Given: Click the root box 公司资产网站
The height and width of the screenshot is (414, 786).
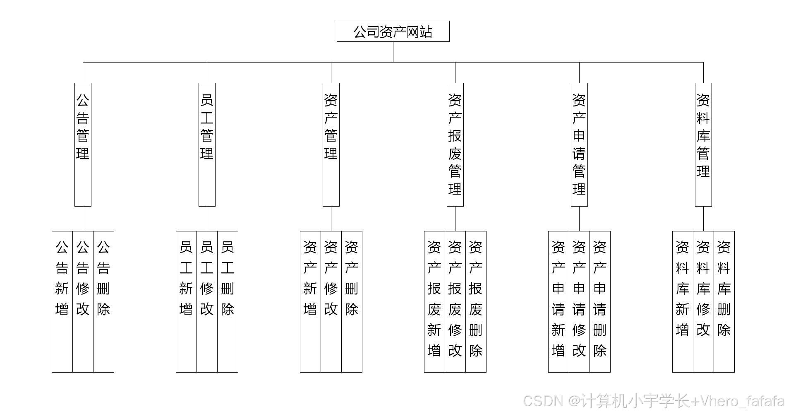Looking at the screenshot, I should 393,31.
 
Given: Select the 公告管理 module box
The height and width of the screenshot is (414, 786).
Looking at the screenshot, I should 83,144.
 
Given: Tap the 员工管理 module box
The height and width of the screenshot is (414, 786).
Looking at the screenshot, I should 207,144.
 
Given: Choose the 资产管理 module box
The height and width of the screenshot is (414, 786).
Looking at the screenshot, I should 331,144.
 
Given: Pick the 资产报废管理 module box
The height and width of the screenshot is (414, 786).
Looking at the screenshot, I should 455,144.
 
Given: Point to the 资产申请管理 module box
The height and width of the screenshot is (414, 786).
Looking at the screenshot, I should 579,144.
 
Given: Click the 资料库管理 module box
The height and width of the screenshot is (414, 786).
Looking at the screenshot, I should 703,144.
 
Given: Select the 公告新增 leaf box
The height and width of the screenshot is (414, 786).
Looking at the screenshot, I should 62,301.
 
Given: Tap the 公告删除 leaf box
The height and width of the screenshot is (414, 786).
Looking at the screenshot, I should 103,301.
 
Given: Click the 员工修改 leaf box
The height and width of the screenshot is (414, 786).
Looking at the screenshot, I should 207,301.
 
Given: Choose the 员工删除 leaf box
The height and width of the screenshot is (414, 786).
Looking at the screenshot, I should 228,301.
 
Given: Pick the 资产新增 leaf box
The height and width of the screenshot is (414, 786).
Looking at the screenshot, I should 310,301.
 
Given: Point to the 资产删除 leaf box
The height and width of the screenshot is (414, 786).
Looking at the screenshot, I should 352,301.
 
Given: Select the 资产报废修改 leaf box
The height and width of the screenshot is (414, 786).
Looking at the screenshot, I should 455,301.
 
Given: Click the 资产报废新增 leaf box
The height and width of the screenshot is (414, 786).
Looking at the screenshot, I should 434,301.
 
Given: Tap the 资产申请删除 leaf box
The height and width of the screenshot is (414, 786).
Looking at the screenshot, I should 600,301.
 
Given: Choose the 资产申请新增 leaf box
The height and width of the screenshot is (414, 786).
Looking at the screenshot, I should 558,301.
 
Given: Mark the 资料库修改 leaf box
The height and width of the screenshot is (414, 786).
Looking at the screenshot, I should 703,301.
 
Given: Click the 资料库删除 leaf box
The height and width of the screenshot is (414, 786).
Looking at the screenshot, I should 724,301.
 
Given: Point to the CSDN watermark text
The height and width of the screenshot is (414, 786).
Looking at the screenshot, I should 654,401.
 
